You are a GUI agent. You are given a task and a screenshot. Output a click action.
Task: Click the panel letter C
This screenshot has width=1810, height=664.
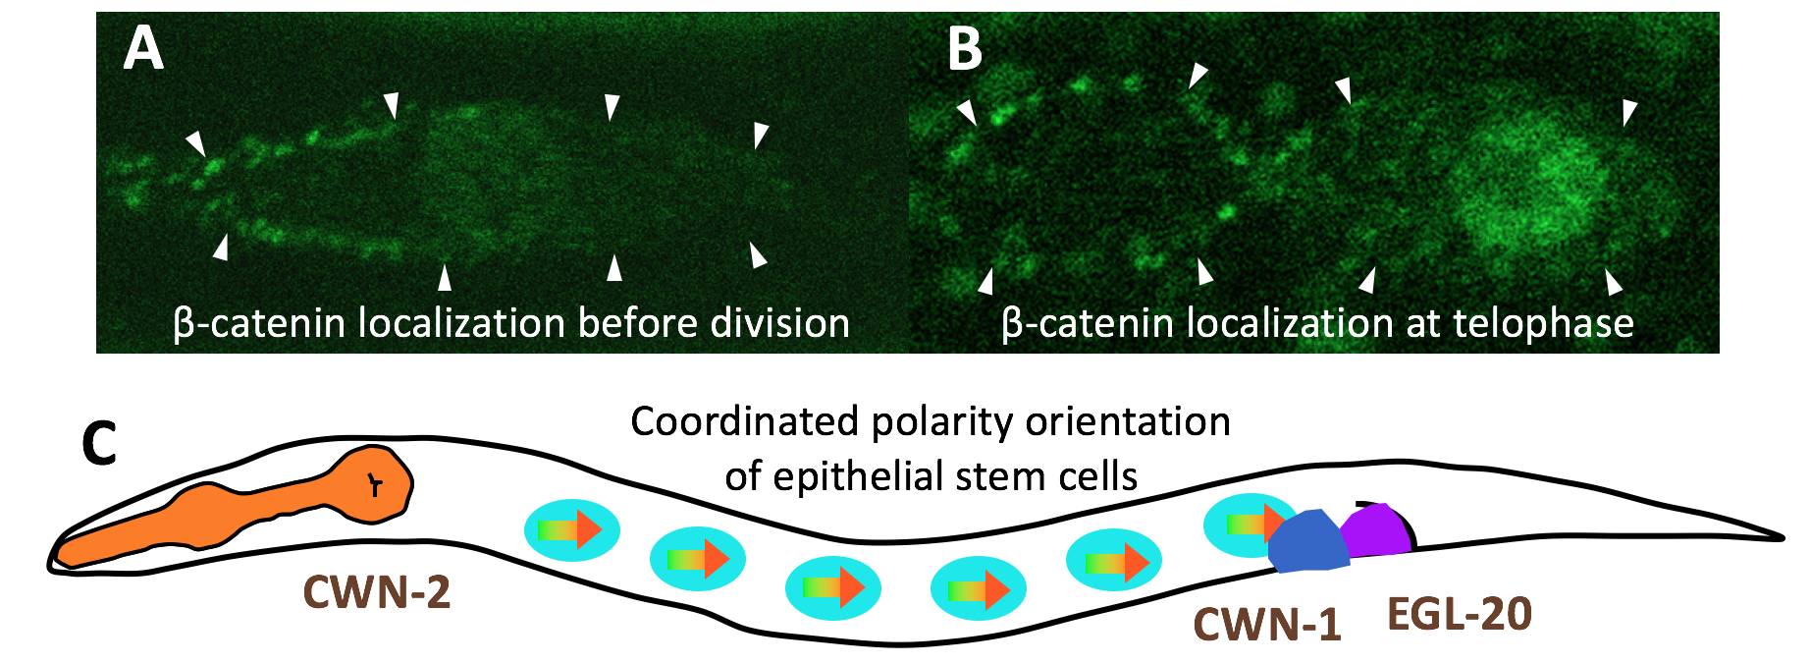click(100, 444)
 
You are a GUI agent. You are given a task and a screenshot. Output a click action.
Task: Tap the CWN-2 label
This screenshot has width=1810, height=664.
click(377, 592)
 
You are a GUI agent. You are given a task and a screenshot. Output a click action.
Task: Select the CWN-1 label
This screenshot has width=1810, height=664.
click(1266, 624)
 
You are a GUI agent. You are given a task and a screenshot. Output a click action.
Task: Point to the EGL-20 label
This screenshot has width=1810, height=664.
click(1460, 615)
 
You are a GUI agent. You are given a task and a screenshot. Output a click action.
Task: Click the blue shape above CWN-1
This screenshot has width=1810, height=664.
click(1309, 541)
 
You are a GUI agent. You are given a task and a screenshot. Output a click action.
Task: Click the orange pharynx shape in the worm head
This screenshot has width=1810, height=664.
click(245, 511)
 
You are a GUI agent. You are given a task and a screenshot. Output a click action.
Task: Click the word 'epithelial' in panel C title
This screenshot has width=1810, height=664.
click(863, 476)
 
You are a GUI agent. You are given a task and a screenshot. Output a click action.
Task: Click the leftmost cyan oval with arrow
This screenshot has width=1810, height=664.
click(571, 529)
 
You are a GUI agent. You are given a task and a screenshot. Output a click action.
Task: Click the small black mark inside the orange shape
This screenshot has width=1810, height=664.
click(374, 483)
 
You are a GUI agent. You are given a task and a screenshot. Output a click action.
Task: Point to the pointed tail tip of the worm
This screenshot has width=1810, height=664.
click(1779, 537)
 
